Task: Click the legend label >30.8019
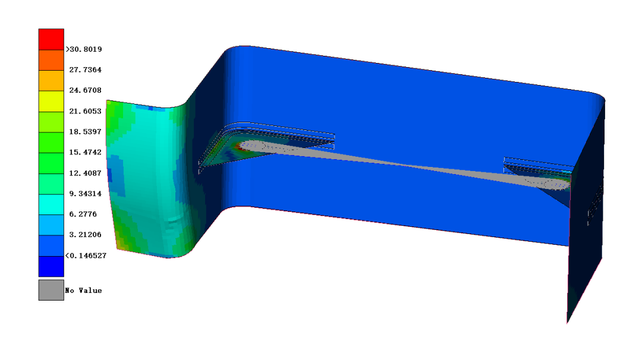click(x=84, y=49)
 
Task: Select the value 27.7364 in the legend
click(x=85, y=70)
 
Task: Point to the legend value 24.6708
click(x=85, y=90)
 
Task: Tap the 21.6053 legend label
click(x=85, y=111)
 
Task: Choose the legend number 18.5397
click(x=85, y=132)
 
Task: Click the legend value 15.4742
click(x=85, y=152)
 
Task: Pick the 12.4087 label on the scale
click(x=85, y=173)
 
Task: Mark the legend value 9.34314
click(x=85, y=194)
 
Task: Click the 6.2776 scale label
click(x=83, y=214)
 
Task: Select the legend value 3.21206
click(x=85, y=235)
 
